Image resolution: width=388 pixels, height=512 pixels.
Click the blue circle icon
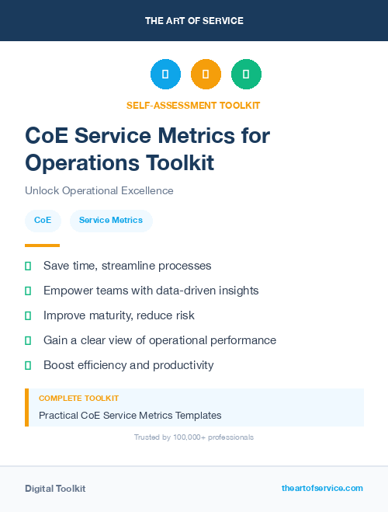click(165, 75)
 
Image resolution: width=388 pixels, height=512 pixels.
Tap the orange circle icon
click(206, 75)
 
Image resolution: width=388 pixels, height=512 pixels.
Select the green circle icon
click(246, 75)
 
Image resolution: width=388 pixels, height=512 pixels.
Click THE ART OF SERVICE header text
click(194, 21)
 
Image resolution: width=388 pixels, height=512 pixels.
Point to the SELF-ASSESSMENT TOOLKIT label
click(193, 105)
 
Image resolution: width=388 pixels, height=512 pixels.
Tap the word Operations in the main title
click(79, 162)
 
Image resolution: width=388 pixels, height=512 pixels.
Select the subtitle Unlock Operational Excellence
click(99, 190)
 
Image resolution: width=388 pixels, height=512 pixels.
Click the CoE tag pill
click(43, 221)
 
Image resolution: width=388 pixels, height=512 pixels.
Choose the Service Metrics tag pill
click(111, 221)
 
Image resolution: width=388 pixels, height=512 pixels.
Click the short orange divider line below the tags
click(42, 246)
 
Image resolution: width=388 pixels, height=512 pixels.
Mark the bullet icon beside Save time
click(28, 266)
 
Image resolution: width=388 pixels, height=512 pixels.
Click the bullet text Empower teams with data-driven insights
click(151, 291)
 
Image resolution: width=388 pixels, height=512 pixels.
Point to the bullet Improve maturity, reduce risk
click(119, 315)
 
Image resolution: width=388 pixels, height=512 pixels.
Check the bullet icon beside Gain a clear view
click(28, 340)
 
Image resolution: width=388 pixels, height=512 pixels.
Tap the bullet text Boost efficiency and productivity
click(128, 365)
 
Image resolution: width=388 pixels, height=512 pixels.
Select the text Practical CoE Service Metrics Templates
click(130, 415)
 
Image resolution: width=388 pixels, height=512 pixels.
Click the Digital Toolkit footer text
click(55, 488)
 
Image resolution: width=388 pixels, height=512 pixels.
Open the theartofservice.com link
click(322, 488)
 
